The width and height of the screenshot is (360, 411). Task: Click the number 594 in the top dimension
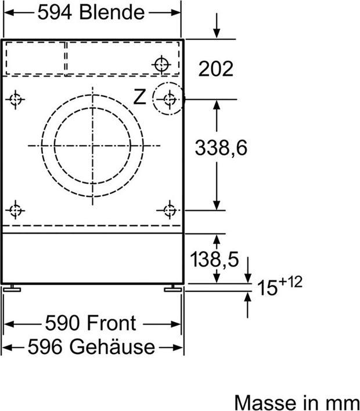coord(56,12)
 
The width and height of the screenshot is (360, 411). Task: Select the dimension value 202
coord(216,69)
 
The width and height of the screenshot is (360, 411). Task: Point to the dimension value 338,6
coord(221,148)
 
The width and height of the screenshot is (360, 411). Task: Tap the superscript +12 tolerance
coord(291,282)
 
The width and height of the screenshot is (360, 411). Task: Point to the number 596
coord(45,347)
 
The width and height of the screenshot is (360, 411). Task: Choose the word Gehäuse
coord(112,347)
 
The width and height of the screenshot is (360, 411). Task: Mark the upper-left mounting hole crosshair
coord(16,99)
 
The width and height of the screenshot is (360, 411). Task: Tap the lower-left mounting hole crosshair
coord(16,210)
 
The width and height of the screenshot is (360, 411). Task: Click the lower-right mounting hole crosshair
coord(169,210)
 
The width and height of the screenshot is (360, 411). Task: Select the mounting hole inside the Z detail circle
coord(169,99)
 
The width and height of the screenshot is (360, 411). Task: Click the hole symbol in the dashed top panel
coord(162,64)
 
